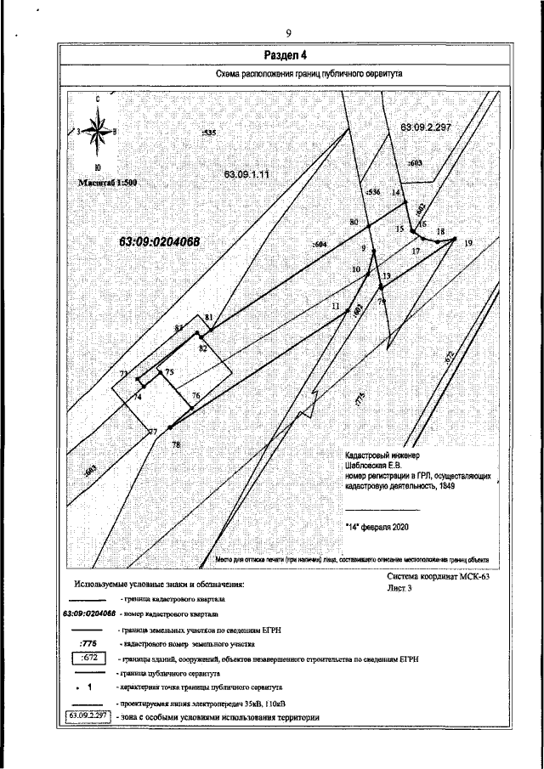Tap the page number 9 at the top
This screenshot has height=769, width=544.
289,33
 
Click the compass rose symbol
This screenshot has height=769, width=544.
97,131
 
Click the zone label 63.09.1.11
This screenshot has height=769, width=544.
246,174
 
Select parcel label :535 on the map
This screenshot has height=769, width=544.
209,133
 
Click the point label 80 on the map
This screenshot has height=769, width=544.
354,223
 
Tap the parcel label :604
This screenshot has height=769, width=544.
320,245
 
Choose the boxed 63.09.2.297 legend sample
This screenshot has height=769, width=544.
87,717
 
